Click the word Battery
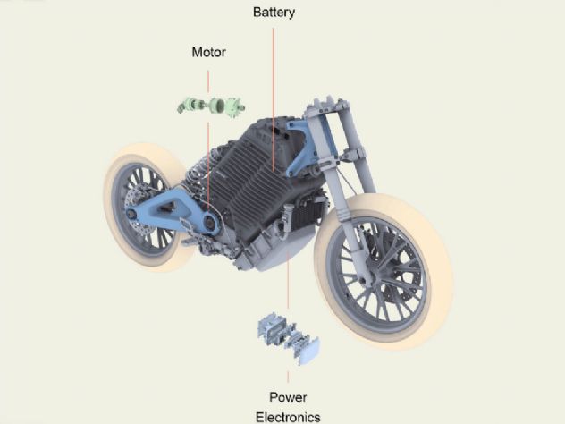point(274,13)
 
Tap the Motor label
point(208,52)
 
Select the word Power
point(288,397)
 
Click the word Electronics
point(288,417)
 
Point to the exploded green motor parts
point(212,106)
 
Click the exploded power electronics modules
point(288,338)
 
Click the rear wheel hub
point(132,214)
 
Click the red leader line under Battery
point(274,99)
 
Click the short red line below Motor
point(208,81)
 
